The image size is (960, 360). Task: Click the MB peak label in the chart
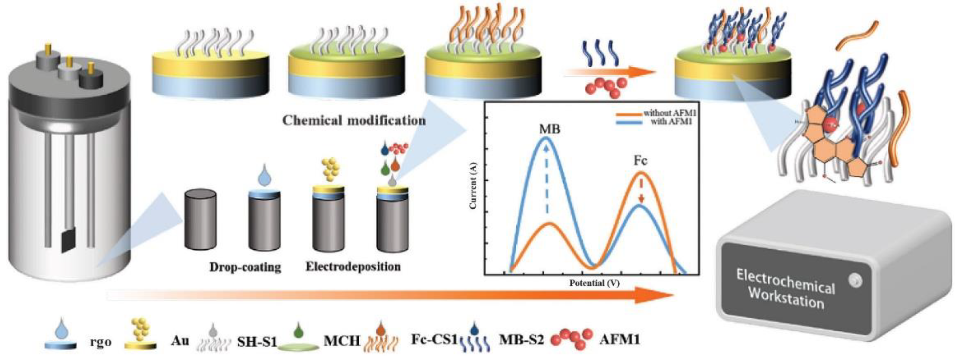coord(549,129)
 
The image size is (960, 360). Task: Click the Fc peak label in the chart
coord(640,161)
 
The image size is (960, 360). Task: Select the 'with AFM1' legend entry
coord(671,122)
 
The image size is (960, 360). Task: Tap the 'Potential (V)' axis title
coord(594,283)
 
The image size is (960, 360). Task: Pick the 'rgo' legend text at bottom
coord(101,341)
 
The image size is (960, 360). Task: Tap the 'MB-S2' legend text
coord(521,339)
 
